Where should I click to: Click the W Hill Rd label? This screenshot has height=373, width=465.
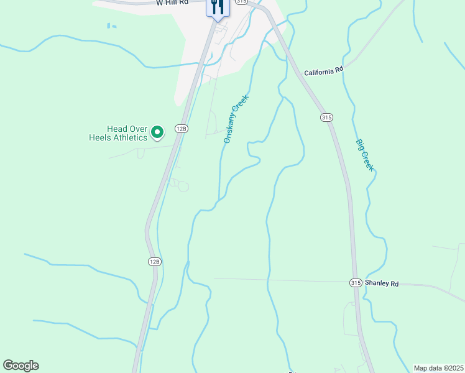click(x=172, y=3)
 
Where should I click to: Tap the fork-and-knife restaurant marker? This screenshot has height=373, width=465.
click(x=218, y=7)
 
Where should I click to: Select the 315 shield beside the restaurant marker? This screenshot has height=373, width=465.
click(x=241, y=2)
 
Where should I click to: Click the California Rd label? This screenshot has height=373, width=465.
click(x=323, y=73)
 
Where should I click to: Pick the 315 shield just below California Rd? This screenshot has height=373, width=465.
click(x=326, y=117)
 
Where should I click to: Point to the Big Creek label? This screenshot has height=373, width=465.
click(x=365, y=155)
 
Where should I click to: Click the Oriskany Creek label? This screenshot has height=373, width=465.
click(x=236, y=119)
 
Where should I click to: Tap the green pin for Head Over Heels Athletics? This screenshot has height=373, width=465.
click(x=158, y=132)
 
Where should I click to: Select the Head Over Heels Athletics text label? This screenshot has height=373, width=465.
click(x=127, y=133)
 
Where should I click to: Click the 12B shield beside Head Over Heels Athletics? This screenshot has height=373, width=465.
click(x=181, y=129)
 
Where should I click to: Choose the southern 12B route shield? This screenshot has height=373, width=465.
click(x=155, y=262)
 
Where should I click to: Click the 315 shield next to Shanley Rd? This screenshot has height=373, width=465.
click(x=355, y=283)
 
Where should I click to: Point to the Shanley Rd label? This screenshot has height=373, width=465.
click(x=381, y=283)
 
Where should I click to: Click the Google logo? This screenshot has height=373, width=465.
click(x=21, y=366)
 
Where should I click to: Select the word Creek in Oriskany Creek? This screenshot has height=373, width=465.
click(x=241, y=106)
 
